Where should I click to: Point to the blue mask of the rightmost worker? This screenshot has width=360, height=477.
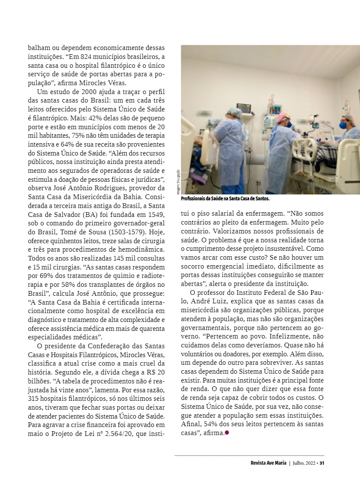pos(343,125)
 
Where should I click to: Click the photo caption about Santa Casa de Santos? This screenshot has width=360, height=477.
pos(225,198)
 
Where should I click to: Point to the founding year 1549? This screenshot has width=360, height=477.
pos(157,215)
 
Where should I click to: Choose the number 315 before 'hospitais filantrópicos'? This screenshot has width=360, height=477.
pos(33,399)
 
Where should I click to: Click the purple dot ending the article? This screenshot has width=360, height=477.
pos(227,433)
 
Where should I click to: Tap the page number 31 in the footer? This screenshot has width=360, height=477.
pos(322,463)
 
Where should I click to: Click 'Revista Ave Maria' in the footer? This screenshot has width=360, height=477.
pos(268,463)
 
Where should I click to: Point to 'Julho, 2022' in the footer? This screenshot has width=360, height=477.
pos(305,463)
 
